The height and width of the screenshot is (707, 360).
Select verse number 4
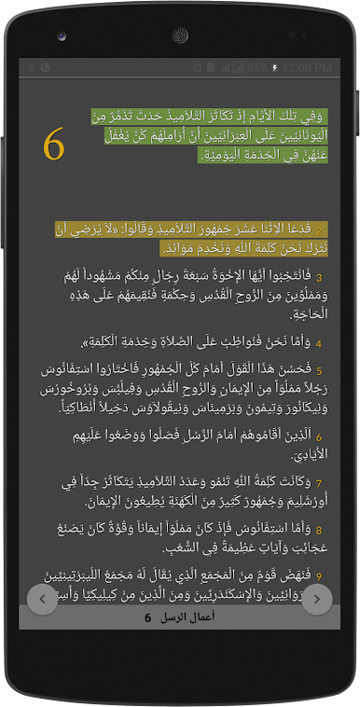click(318, 343)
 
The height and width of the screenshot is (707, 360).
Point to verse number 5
click(318, 370)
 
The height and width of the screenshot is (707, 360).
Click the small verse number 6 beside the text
click(318, 437)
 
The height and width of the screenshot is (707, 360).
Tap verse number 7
click(318, 483)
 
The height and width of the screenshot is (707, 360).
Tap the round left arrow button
click(43, 599)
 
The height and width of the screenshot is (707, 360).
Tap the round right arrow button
click(317, 599)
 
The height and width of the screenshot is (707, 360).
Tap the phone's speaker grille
click(180, 35)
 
